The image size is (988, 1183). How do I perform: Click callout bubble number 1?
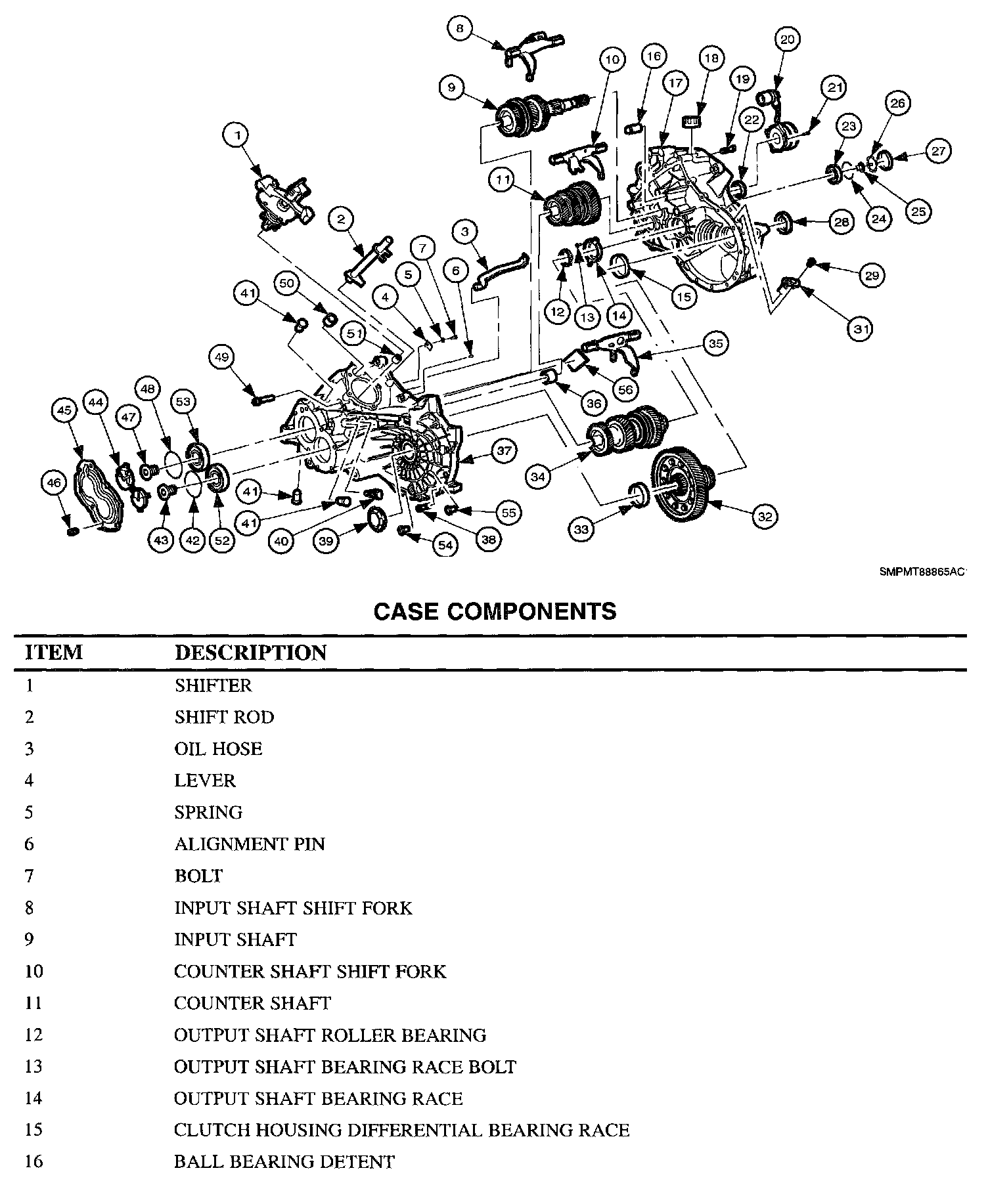point(238,135)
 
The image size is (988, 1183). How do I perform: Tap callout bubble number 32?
point(765,516)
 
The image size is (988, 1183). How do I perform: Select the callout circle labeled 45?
point(64,410)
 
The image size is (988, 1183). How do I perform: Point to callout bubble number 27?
point(939,151)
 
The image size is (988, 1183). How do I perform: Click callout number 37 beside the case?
point(504,451)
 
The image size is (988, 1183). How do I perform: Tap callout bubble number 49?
point(221,357)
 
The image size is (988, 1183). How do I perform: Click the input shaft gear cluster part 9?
point(526,115)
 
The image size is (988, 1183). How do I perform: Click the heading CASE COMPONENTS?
point(495,611)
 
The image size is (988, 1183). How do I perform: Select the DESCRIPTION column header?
point(250,653)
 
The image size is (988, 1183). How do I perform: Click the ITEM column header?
point(54,653)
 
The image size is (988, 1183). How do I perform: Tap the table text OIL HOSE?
point(218,748)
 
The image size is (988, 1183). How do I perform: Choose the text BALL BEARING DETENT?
point(284,1161)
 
